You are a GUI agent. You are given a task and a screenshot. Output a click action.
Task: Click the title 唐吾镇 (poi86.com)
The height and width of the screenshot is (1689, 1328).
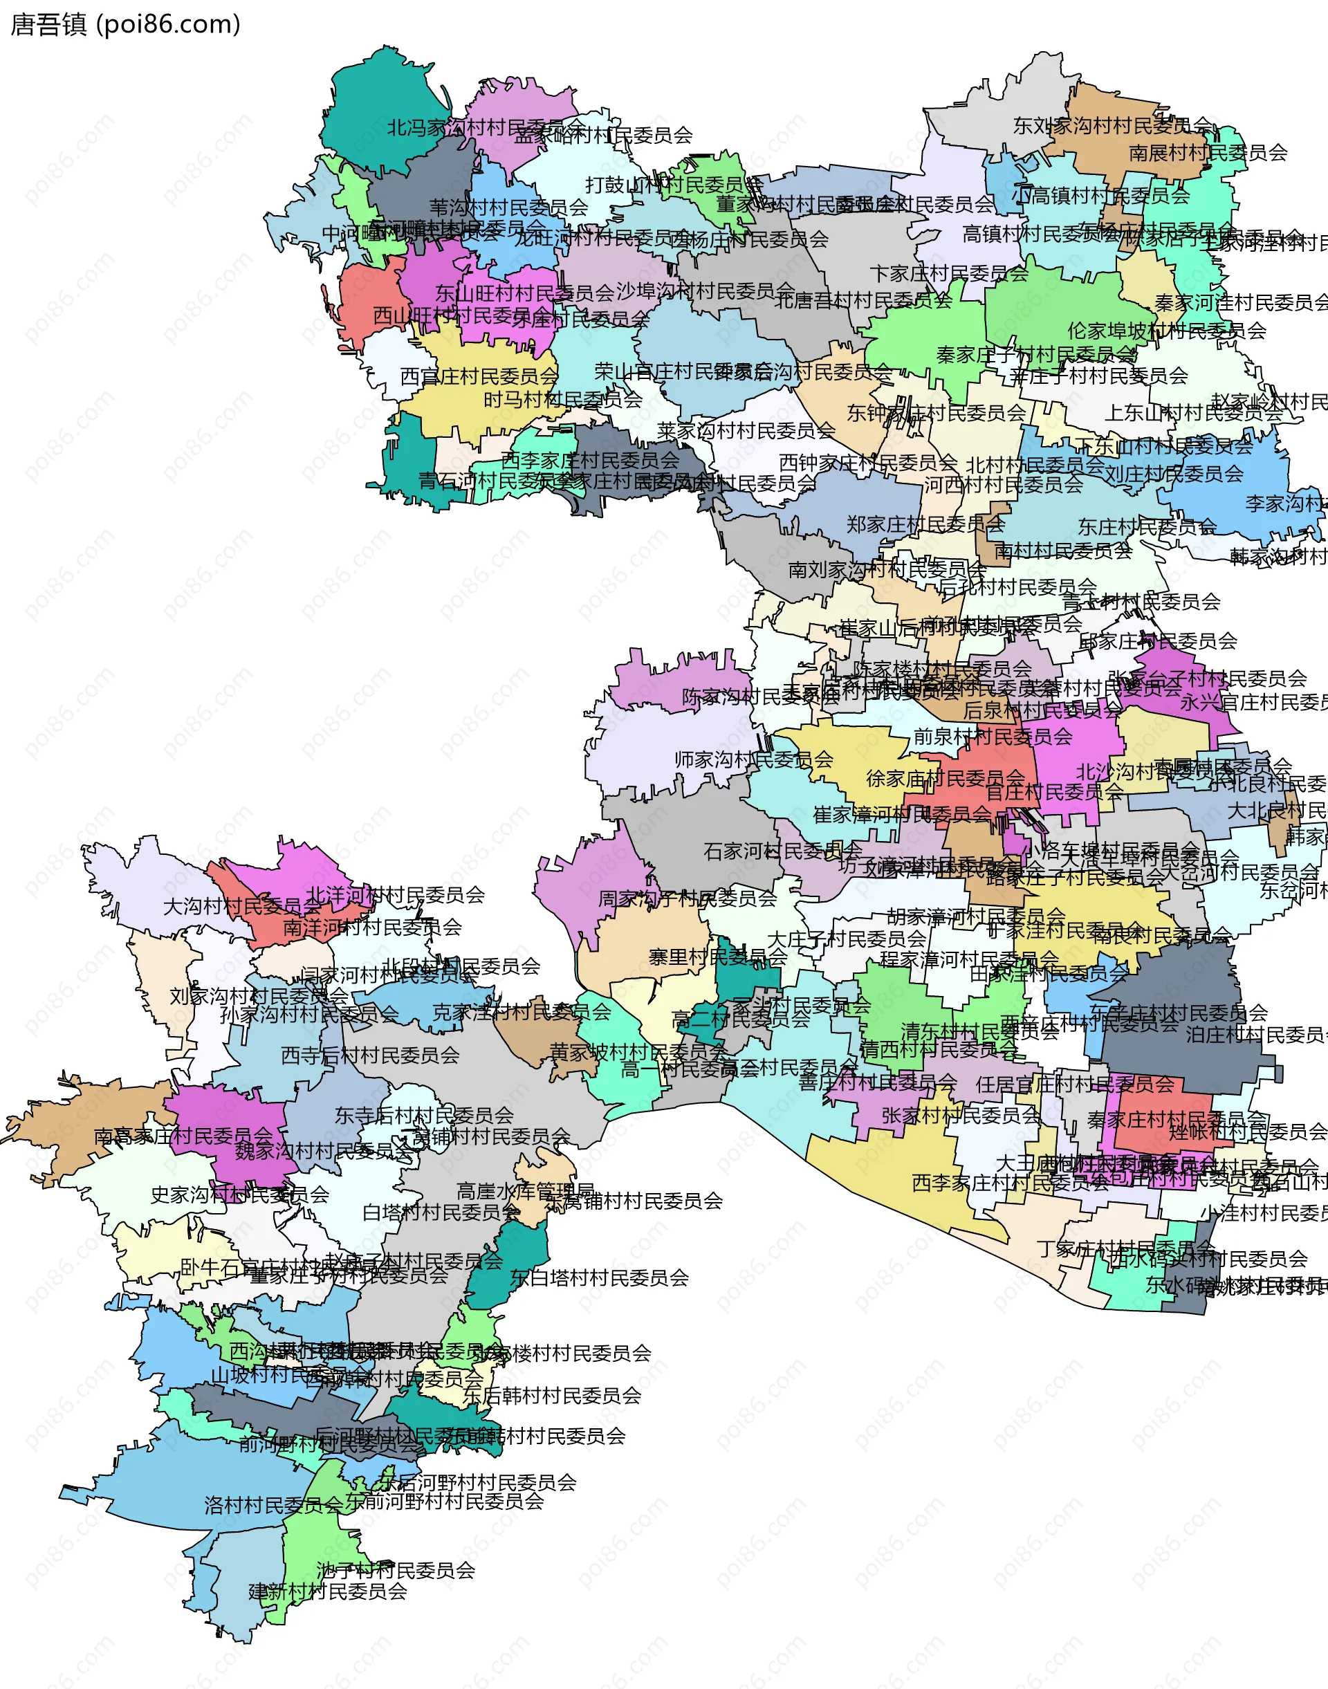click(125, 25)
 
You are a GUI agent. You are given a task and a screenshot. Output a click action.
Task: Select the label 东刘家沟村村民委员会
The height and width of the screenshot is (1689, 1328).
click(1112, 125)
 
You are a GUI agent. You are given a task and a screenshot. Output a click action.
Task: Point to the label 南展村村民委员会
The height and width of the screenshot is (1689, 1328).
click(1208, 152)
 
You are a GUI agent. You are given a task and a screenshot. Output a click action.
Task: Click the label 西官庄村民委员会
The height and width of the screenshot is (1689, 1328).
click(479, 376)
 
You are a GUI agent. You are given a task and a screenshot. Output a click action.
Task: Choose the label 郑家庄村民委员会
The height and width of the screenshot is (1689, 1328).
click(925, 524)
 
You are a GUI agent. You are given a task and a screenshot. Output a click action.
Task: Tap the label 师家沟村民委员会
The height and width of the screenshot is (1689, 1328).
click(753, 759)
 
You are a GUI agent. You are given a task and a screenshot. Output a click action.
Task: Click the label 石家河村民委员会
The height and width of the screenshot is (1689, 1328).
click(782, 851)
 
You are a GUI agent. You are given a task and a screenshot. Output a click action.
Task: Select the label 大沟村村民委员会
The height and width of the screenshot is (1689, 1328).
click(241, 907)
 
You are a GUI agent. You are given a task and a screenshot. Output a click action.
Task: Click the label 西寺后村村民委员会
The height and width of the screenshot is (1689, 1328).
click(370, 1055)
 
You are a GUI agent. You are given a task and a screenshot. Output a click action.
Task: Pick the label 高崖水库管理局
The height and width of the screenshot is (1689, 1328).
click(526, 1191)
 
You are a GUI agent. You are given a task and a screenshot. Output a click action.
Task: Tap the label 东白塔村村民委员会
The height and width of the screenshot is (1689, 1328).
click(599, 1277)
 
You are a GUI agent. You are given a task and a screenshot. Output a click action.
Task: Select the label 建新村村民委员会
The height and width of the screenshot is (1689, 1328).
click(327, 1591)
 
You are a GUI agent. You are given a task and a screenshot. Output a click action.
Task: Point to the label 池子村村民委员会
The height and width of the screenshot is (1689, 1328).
click(395, 1570)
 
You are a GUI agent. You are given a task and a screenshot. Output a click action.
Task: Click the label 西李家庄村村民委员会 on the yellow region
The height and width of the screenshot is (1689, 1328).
click(1010, 1183)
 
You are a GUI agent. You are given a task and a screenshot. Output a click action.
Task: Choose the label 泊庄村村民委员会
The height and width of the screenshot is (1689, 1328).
click(1255, 1035)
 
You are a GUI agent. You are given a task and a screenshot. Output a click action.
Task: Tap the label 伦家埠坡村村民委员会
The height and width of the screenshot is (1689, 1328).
click(1166, 331)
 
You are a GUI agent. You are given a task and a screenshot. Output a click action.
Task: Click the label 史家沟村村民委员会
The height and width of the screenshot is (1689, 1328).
click(239, 1194)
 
